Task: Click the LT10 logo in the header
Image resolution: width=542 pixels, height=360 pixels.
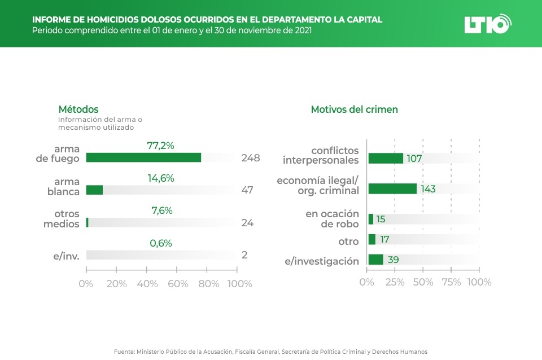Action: coord(487,24)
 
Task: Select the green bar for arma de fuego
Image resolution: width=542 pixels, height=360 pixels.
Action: coord(143,157)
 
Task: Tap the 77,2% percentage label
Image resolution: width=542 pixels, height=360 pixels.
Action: coord(160,146)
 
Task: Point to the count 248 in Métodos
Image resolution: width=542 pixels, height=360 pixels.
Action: coord(250,158)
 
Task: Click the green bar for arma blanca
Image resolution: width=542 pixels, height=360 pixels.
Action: coord(94,190)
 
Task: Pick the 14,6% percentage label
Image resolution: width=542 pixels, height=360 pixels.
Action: coord(160,178)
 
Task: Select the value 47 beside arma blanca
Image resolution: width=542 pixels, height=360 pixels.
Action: coord(247,190)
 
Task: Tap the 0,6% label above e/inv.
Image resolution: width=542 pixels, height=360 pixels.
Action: coord(160,243)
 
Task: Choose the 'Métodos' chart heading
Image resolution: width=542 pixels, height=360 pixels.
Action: coord(78,109)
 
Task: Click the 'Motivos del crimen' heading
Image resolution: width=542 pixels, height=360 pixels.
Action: coord(354,109)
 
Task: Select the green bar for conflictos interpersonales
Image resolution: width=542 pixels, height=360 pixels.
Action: coord(386,159)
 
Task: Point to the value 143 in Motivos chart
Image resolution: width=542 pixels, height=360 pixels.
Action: coord(428,189)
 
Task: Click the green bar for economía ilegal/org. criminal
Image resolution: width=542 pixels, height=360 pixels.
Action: coord(392,188)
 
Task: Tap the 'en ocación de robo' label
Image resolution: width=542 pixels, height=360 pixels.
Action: coord(332,219)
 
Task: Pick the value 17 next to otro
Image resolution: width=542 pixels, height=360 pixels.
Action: coord(384,240)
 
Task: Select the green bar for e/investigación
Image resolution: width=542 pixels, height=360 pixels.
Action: coord(375,260)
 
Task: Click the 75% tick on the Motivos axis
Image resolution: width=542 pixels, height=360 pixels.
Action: coord(451,282)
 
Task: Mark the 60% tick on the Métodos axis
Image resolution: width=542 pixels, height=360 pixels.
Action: coord(178,284)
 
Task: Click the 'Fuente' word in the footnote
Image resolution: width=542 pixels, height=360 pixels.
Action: coord(124,352)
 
